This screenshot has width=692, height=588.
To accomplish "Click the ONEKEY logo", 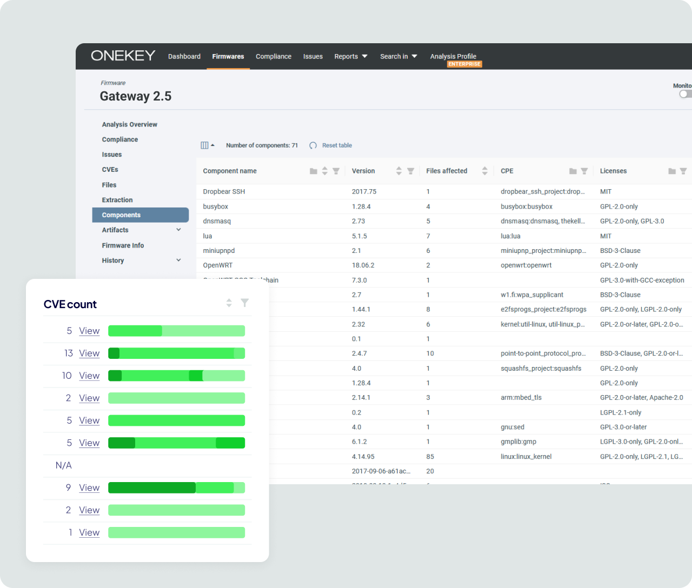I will click(x=123, y=56).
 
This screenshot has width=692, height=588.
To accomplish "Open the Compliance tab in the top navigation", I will click(x=273, y=56).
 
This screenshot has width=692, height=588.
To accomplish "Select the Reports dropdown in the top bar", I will click(x=350, y=56).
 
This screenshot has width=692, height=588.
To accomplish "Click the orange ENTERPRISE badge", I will click(x=464, y=64).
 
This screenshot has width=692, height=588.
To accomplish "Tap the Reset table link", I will click(x=336, y=145).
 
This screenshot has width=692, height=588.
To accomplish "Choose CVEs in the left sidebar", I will click(x=110, y=170).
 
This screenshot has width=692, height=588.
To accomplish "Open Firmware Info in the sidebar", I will click(x=123, y=245).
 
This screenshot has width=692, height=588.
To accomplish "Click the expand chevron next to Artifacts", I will click(x=178, y=230).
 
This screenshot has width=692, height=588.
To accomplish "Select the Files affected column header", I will click(x=447, y=171).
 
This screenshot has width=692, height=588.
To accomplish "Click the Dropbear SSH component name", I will click(x=224, y=192).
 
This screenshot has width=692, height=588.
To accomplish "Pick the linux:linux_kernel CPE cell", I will click(x=526, y=457).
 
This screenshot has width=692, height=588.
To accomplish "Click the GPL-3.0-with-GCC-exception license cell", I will click(x=642, y=280).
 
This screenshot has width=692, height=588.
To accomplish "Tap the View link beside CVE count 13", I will click(x=89, y=353).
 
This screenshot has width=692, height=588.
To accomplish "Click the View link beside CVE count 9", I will click(x=89, y=487).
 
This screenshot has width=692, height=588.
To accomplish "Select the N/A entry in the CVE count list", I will click(x=63, y=465).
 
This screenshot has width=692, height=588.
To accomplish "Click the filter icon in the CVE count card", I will click(x=245, y=303).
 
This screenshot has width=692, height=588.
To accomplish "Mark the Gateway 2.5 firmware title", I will click(x=135, y=96).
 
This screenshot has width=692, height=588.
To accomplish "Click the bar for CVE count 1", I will click(x=176, y=532).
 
